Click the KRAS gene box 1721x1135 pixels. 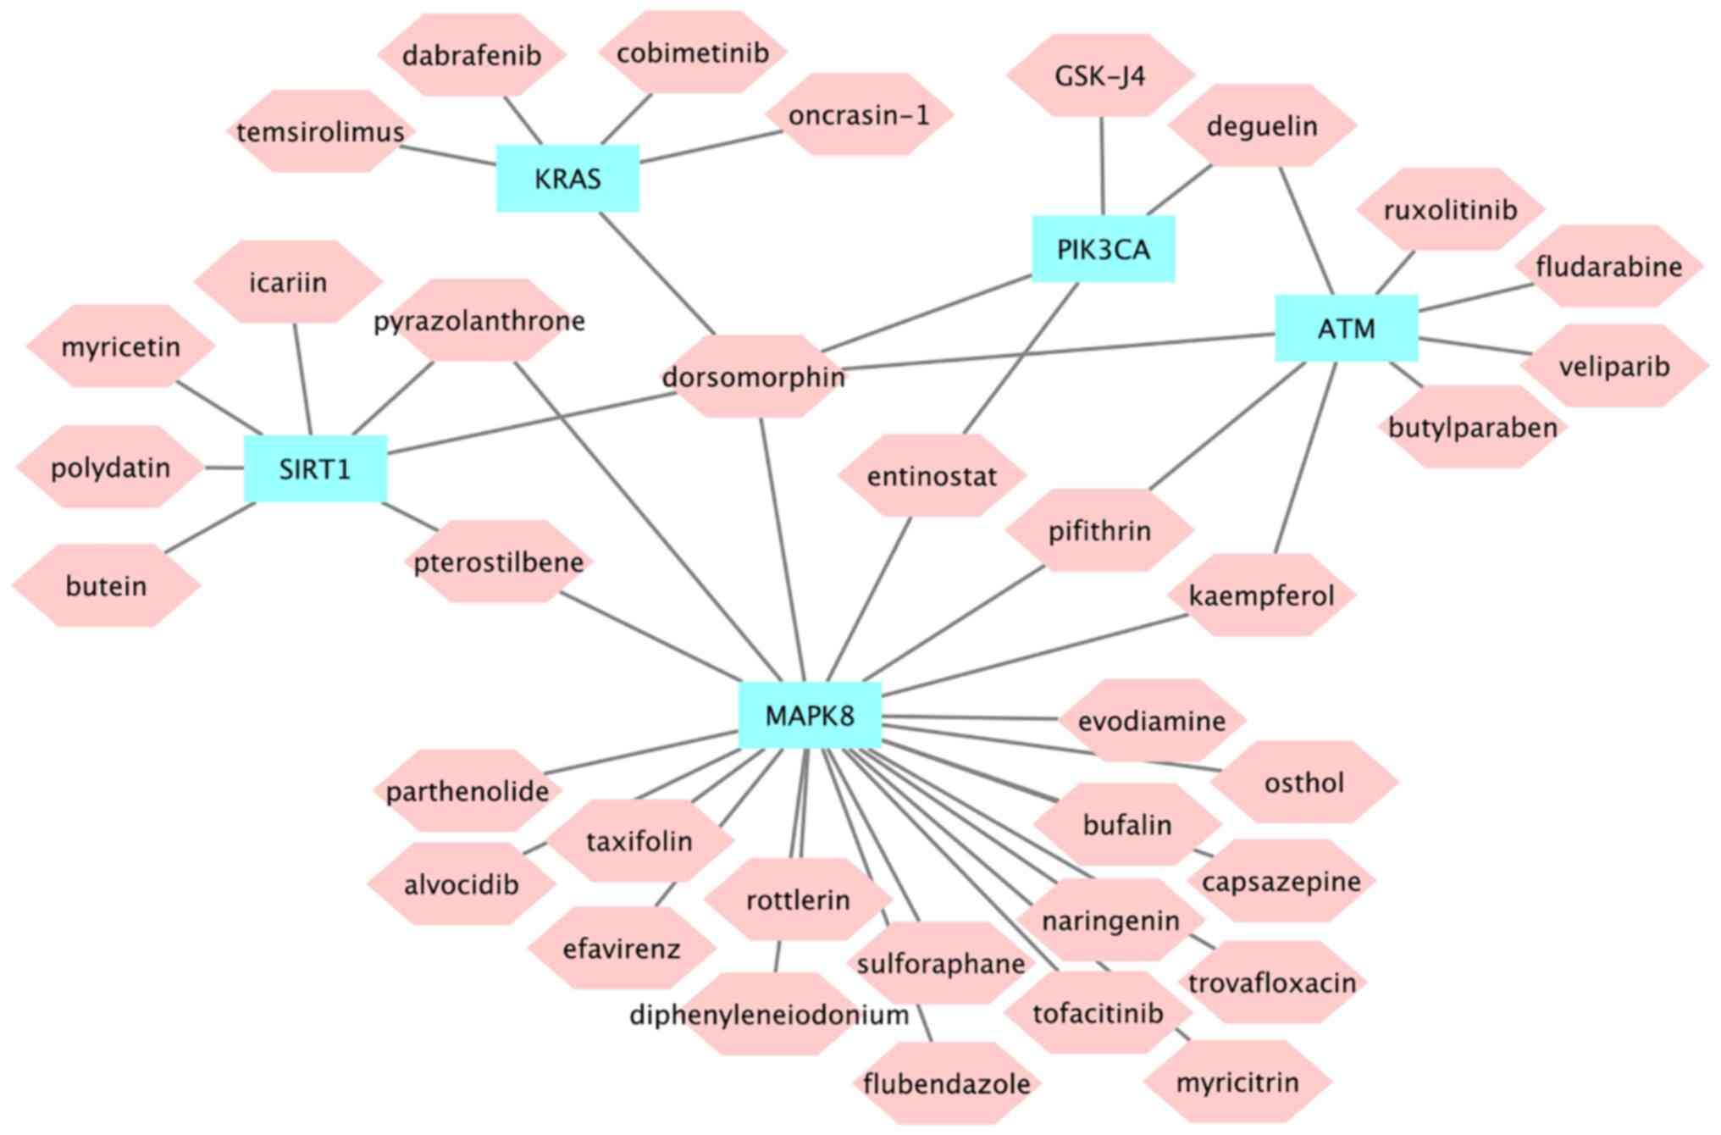click(x=567, y=178)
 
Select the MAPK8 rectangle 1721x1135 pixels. click(x=810, y=716)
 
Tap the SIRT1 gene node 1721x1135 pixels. click(x=315, y=468)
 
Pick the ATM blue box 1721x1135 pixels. click(x=1346, y=328)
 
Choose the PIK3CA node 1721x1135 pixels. click(x=1103, y=249)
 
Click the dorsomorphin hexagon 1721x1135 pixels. click(x=753, y=376)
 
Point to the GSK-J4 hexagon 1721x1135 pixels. click(x=1099, y=76)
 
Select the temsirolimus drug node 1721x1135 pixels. click(x=320, y=132)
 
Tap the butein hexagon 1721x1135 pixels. click(x=106, y=585)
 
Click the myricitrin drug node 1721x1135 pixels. click(x=1237, y=1082)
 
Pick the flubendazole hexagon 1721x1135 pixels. click(x=946, y=1083)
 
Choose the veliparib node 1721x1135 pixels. click(x=1613, y=366)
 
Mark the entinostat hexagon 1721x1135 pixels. click(x=932, y=476)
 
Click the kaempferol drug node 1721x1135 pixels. click(x=1261, y=595)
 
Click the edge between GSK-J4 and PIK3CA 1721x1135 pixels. click(x=1102, y=166)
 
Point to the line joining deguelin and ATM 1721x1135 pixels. click(x=1306, y=230)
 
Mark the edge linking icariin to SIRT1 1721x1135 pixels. click(x=302, y=379)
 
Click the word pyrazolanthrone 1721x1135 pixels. click(x=479, y=321)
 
